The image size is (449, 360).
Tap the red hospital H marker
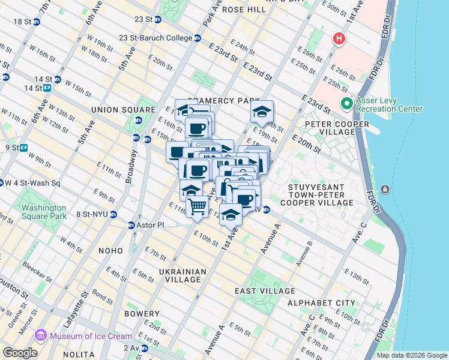339,40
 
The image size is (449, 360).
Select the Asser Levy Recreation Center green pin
346,104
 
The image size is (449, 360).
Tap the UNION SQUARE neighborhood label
115,110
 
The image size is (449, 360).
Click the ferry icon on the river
385,190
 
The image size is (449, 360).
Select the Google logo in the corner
19,352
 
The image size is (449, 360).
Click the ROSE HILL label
243,10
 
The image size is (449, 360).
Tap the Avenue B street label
303,253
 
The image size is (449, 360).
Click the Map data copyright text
411,355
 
